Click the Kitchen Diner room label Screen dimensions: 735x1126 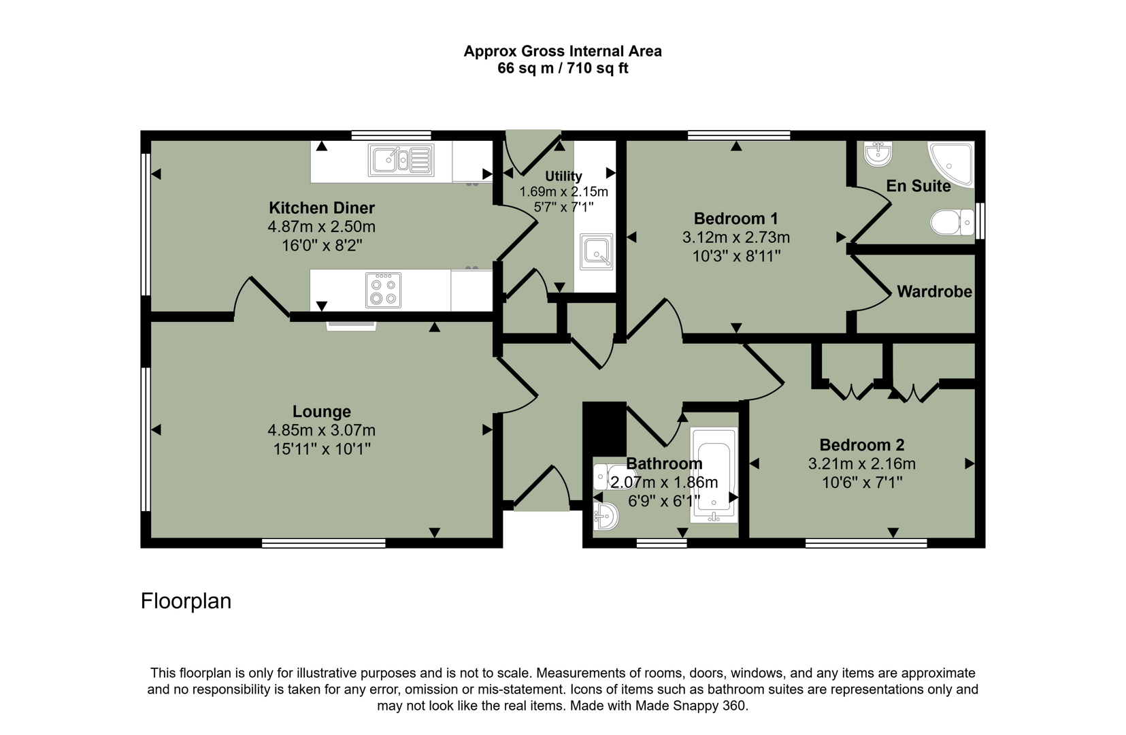[x=321, y=208]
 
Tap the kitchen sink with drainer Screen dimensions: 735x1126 [x=401, y=161]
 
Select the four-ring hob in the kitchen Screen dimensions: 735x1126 [x=383, y=291]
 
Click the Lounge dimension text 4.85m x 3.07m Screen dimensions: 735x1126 [x=321, y=430]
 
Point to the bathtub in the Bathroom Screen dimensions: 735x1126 [x=714, y=475]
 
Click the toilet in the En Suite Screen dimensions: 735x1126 [x=952, y=222]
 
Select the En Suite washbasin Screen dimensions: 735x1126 [x=878, y=154]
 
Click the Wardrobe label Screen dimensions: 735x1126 [x=933, y=292]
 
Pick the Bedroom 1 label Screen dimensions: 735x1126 [x=735, y=218]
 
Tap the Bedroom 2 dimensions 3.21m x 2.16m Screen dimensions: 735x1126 [x=861, y=464]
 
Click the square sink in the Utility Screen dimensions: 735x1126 [x=597, y=252]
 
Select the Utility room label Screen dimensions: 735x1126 [x=563, y=176]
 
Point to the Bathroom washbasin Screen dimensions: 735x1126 [x=605, y=517]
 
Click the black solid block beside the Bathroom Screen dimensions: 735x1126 [x=605, y=428]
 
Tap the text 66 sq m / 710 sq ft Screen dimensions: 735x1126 [x=563, y=69]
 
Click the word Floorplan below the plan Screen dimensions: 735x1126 [x=186, y=601]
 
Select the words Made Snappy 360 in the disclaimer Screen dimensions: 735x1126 [x=691, y=706]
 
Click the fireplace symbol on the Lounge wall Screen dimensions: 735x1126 [x=351, y=326]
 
